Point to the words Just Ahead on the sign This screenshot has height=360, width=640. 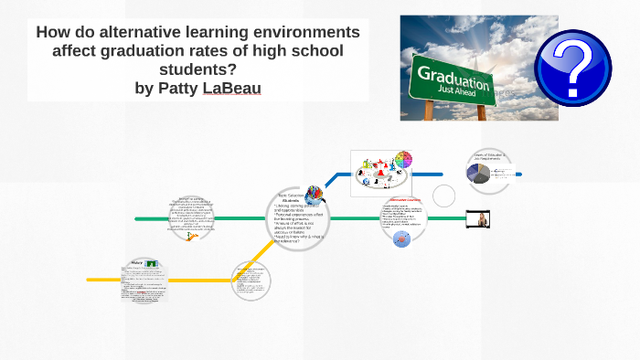(x=463, y=91)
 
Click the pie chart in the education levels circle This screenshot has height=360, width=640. (x=480, y=174)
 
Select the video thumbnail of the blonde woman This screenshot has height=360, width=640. (x=480, y=218)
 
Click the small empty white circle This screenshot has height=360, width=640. (x=443, y=196)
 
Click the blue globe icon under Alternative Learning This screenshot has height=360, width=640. (x=400, y=238)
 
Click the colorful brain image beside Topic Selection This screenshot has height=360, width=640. (x=314, y=193)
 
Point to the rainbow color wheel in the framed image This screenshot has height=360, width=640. (x=402, y=161)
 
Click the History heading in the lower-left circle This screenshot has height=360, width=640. (x=133, y=264)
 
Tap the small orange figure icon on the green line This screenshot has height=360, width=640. (x=191, y=236)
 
